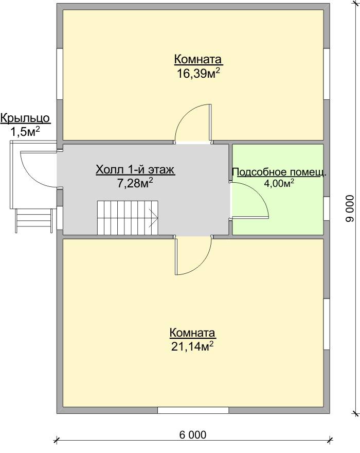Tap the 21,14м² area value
pyautogui.click(x=192, y=346)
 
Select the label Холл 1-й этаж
pyautogui.click(x=135, y=170)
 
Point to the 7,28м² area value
pyautogui.click(x=135, y=183)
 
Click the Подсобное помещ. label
pyautogui.click(x=279, y=172)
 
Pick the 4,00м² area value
pyautogui.click(x=279, y=183)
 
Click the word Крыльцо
pyautogui.click(x=25, y=118)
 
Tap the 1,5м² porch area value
pyautogui.click(x=25, y=132)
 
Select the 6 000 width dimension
pyautogui.click(x=193, y=434)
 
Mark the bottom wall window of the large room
pyautogui.click(x=193, y=410)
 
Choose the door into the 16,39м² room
pyautogui.click(x=193, y=124)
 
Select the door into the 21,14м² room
pyautogui.click(x=193, y=255)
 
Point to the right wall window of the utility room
pyautogui.click(x=327, y=209)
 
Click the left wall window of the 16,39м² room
pyautogui.click(x=60, y=74)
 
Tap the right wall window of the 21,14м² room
pyautogui.click(x=327, y=324)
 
